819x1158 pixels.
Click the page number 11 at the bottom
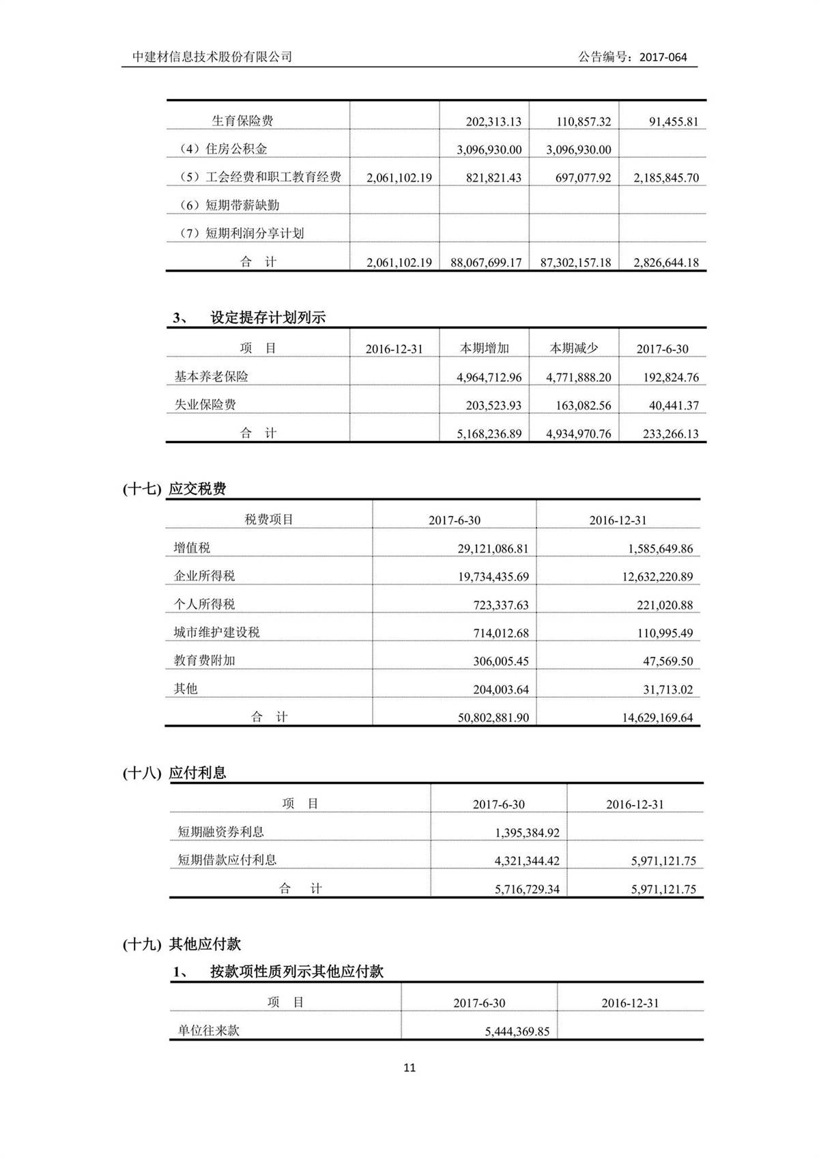coord(409,1068)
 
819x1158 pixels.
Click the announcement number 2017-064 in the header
coord(663,57)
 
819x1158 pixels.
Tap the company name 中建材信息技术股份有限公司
coord(212,57)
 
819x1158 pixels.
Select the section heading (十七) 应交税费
coord(175,489)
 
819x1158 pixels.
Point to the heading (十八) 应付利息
coord(175,773)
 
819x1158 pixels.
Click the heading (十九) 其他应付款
coord(182,944)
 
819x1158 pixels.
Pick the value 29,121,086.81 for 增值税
coord(493,548)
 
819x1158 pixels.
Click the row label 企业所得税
coord(204,576)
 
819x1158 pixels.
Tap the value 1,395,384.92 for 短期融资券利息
coord(527,833)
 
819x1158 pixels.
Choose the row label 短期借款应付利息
coord(227,860)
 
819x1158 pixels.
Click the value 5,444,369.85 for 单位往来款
coord(517,1032)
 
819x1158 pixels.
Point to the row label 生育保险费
coord(242,121)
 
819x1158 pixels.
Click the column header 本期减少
coord(574,348)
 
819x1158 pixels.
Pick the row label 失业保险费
coord(205,405)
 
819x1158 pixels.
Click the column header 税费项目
coord(269,520)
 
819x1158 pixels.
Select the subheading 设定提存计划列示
coord(268,317)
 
